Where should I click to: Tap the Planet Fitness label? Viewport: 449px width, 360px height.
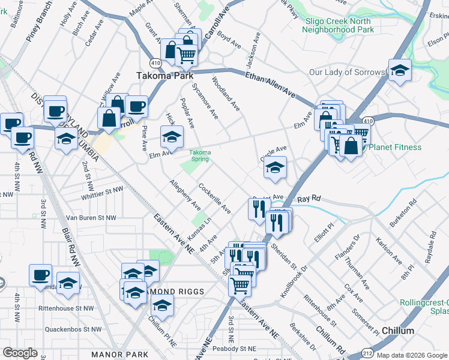tap(394, 147)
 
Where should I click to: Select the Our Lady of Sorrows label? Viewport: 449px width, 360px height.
tap(346, 72)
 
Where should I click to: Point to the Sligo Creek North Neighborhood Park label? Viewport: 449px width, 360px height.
tap(339, 25)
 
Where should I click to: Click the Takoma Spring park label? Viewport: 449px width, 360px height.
tap(200, 156)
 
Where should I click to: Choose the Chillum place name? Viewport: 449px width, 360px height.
tap(397, 331)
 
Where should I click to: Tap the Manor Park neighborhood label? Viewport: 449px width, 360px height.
tap(119, 355)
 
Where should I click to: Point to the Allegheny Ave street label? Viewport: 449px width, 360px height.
tap(185, 194)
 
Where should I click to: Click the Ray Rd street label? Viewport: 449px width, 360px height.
tap(310, 198)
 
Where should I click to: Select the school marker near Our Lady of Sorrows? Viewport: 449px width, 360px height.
tap(399, 70)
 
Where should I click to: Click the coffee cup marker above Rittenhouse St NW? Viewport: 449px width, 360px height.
tap(41, 275)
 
